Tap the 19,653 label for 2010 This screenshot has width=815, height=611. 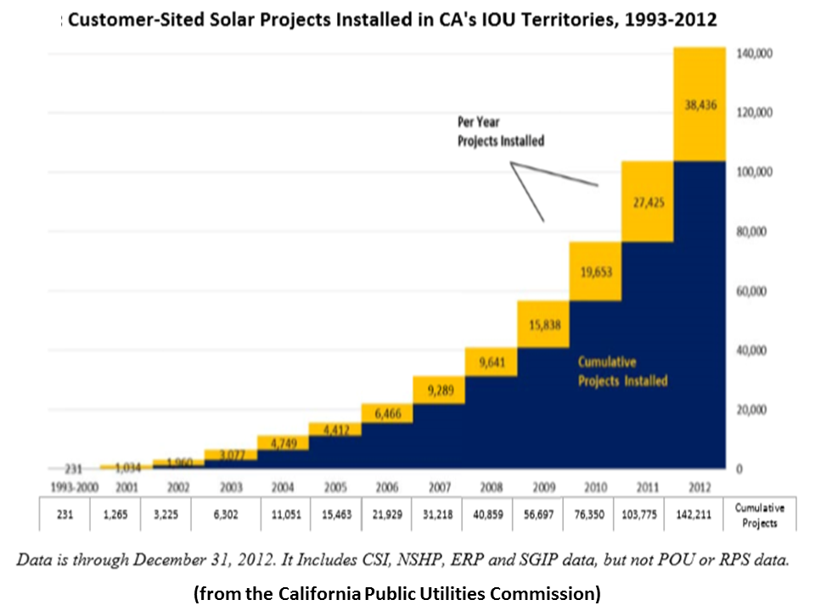click(x=595, y=272)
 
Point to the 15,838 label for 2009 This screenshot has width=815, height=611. click(x=542, y=325)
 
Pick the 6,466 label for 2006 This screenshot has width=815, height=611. click(x=387, y=412)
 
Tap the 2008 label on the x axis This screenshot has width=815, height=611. click(x=491, y=487)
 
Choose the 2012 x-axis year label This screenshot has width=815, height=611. click(x=700, y=487)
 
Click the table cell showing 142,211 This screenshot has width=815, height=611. click(x=700, y=513)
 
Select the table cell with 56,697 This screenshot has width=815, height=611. click(x=542, y=513)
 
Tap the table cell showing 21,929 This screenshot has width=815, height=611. click(x=387, y=513)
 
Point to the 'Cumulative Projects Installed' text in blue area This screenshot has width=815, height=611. click(x=622, y=372)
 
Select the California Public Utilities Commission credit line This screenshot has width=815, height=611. click(x=397, y=594)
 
